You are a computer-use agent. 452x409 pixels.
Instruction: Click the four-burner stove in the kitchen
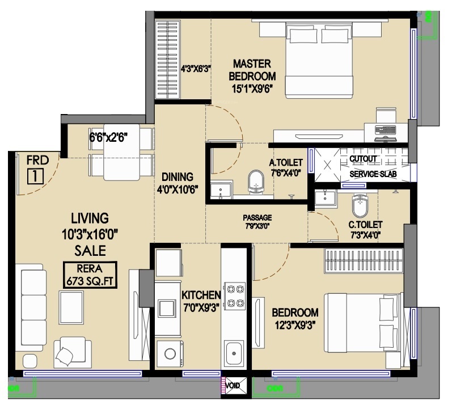(235, 296)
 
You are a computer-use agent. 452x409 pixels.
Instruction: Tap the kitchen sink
(234, 353)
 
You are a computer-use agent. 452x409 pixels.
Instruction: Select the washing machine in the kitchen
(170, 353)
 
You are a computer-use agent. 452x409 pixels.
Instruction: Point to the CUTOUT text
(364, 159)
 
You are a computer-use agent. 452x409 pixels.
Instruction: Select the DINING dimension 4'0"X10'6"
(178, 189)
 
